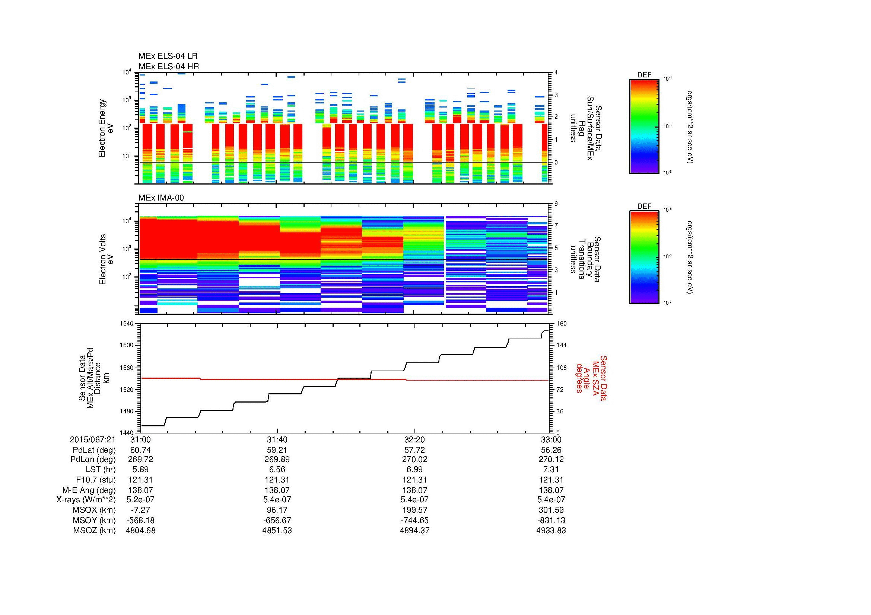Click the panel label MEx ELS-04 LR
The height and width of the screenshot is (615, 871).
coord(168,56)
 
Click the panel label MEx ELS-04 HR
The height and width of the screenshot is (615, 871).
coord(169,67)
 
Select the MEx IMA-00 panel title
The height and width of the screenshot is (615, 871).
coord(161,198)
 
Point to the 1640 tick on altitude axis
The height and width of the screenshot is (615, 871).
coord(127,324)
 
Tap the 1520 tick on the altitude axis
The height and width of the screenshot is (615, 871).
coord(127,390)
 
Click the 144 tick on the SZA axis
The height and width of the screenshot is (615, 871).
coord(561,345)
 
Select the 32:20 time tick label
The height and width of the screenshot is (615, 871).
coord(414,440)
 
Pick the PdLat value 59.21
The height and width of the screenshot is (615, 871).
coord(277,450)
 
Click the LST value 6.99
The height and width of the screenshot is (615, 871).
coord(414,470)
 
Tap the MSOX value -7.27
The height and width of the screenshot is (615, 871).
coord(140,510)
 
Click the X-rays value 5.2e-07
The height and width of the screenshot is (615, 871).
coord(140,500)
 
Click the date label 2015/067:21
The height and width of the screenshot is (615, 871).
coord(93,440)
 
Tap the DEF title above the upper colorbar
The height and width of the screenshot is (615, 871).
coord(644,75)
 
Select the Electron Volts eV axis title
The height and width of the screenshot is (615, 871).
coord(106,260)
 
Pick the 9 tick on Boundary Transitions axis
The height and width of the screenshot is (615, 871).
coord(556,204)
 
